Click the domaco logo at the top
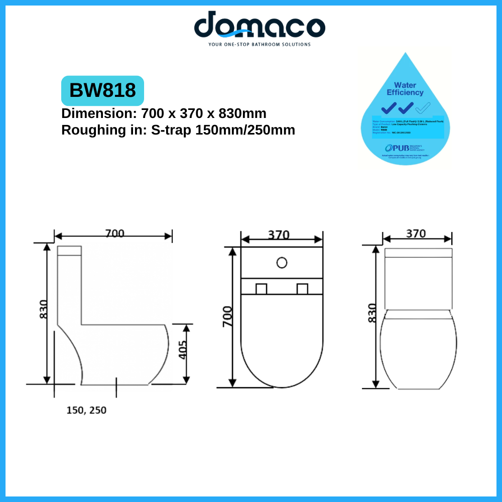pyautogui.click(x=260, y=25)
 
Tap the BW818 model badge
pyautogui.click(x=102, y=90)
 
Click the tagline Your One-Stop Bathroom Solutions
pyautogui.click(x=260, y=44)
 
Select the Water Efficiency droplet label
pyautogui.click(x=405, y=89)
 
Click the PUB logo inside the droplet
pyautogui.click(x=395, y=148)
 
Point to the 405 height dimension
pyautogui.click(x=182, y=350)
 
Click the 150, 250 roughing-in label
pyautogui.click(x=86, y=410)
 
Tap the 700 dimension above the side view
pyautogui.click(x=114, y=233)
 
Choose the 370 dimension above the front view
pyautogui.click(x=416, y=233)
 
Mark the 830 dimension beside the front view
pyautogui.click(x=372, y=313)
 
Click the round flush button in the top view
pyautogui.click(x=282, y=262)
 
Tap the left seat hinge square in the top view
pyautogui.click(x=261, y=289)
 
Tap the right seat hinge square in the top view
pyautogui.click(x=302, y=289)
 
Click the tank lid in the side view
pyautogui.click(x=70, y=250)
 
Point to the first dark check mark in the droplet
pyautogui.click(x=389, y=107)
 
